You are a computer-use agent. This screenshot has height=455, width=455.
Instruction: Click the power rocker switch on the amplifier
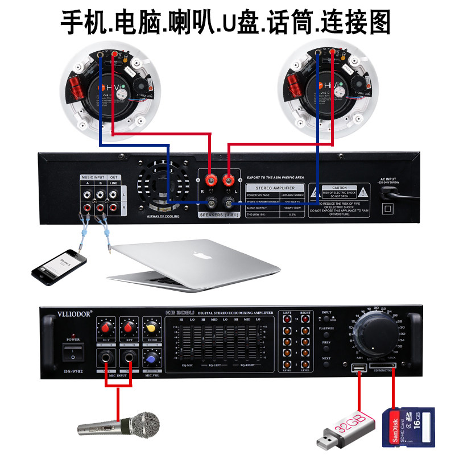(73, 353)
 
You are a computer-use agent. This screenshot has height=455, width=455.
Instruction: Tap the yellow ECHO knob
(151, 328)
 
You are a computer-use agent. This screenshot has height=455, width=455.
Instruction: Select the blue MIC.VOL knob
(151, 358)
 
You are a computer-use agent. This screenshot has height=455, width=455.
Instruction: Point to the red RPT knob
(129, 328)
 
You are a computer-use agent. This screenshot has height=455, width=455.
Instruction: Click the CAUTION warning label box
(340, 191)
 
